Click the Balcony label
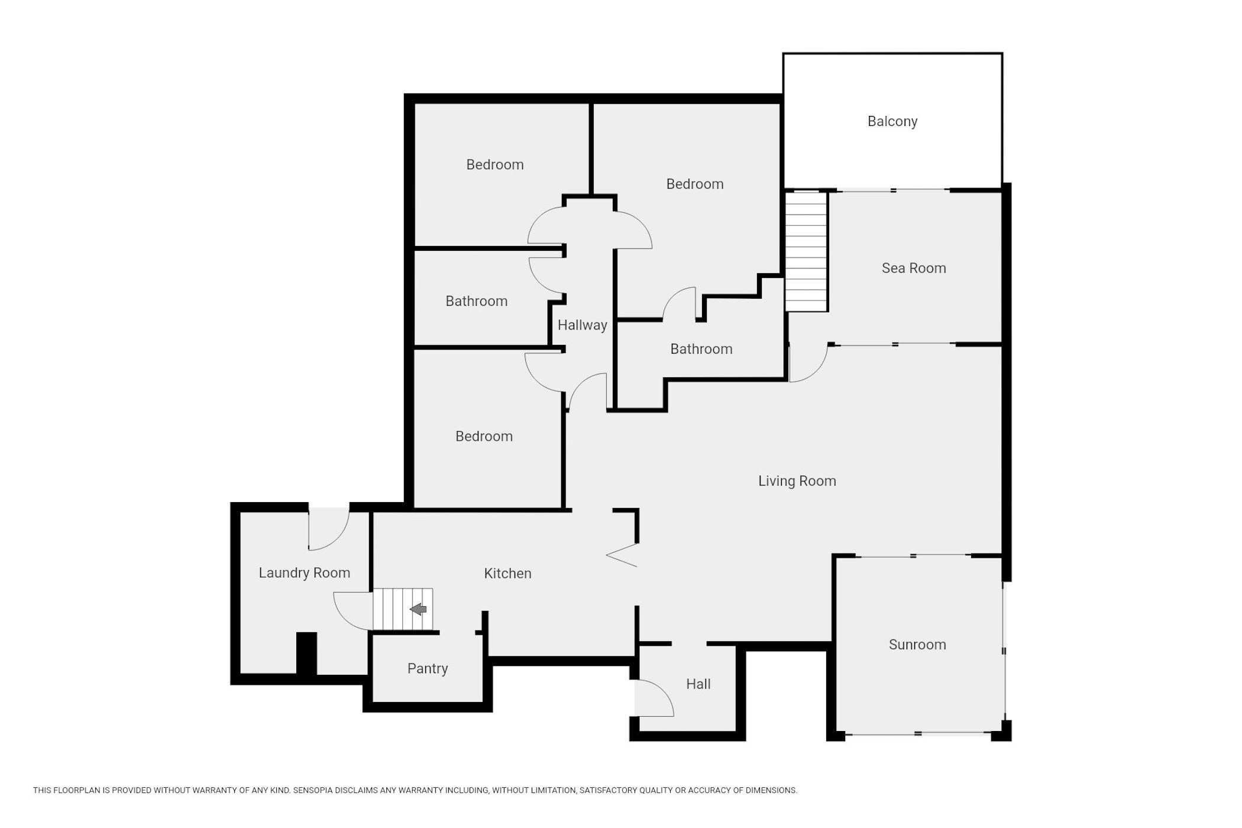point(892,121)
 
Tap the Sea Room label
point(914,268)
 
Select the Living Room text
point(797,481)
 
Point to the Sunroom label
point(917,644)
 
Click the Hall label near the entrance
point(698,684)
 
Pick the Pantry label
point(428,668)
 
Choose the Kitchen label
point(507,573)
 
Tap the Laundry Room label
point(305,573)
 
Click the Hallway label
point(583,325)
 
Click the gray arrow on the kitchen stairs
point(418,609)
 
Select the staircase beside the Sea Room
point(806,251)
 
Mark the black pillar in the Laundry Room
point(306,653)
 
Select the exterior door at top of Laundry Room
point(329,528)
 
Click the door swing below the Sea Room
point(808,363)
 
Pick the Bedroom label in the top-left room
point(495,164)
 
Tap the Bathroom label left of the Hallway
point(477,301)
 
